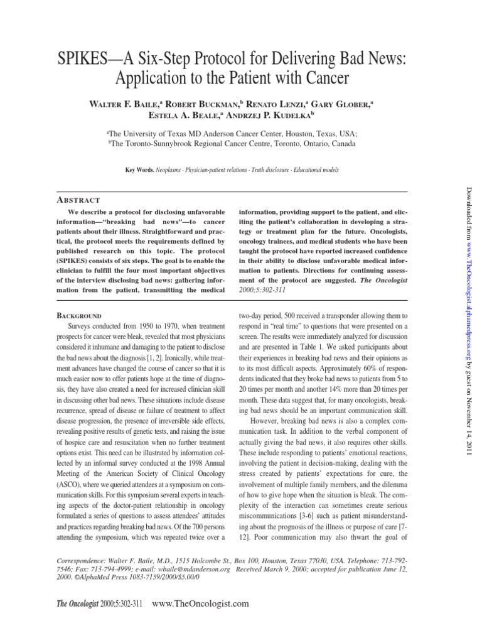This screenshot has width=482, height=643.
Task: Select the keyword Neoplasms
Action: [171, 170]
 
